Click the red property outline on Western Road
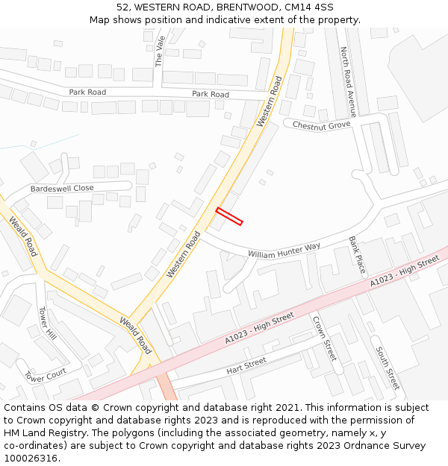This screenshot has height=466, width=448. point(229,216)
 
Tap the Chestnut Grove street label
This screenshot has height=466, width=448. point(321,125)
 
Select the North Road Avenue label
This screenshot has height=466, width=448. point(347,82)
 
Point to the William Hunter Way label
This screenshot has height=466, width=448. point(284,251)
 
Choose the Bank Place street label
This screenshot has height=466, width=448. point(357,254)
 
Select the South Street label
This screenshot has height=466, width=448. point(388,368)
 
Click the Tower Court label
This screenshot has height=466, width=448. point(46,376)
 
